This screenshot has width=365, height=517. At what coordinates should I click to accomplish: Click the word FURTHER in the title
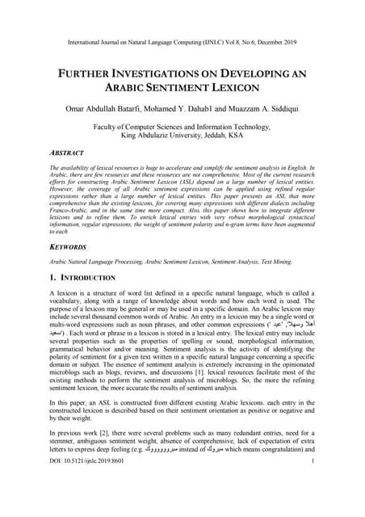tap(86, 72)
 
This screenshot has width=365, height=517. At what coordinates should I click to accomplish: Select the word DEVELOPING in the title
tap(258, 72)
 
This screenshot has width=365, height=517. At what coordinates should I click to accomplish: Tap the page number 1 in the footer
tap(312, 506)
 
